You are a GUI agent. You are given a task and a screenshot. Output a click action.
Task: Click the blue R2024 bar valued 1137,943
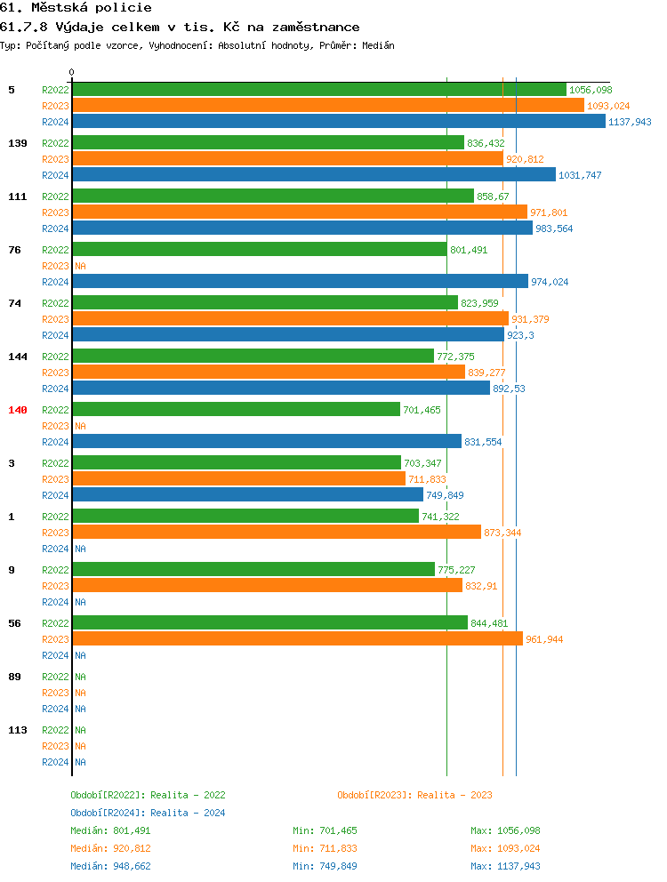click(339, 122)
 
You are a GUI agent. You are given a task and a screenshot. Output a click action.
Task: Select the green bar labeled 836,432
click(268, 143)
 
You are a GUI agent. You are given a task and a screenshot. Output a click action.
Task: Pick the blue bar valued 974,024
click(300, 282)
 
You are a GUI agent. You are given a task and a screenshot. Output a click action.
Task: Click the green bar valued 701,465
click(236, 410)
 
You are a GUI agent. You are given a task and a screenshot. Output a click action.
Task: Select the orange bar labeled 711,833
click(238, 479)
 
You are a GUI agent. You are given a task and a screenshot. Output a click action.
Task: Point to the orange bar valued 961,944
click(298, 639)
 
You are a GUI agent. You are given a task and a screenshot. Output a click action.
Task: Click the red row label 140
click(18, 410)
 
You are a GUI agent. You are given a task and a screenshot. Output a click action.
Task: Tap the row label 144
click(18, 357)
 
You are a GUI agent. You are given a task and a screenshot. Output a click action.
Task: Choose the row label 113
click(18, 730)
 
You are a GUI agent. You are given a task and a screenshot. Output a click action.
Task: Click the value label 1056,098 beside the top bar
click(591, 90)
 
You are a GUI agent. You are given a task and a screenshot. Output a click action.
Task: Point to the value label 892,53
click(509, 389)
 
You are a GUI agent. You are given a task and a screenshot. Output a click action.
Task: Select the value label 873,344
click(502, 533)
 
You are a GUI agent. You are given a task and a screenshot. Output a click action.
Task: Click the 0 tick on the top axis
click(72, 72)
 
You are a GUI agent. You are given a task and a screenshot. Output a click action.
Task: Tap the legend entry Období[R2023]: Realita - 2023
click(414, 795)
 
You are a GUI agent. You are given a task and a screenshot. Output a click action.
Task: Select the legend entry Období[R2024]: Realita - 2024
click(148, 813)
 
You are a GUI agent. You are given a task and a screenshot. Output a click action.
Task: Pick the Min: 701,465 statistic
click(325, 830)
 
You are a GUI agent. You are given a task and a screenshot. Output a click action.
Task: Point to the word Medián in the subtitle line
click(377, 45)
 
